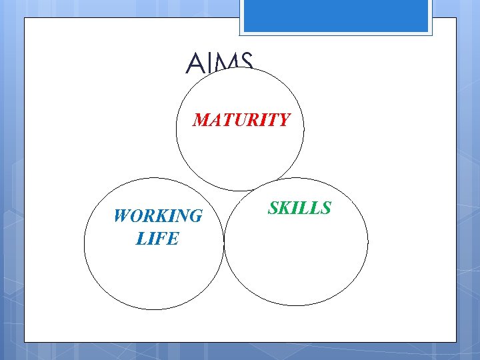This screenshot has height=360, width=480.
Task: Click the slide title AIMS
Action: (x=219, y=64)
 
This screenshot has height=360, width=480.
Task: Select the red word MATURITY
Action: (x=241, y=120)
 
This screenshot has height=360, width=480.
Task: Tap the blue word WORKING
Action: (x=158, y=216)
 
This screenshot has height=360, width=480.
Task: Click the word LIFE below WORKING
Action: (x=157, y=238)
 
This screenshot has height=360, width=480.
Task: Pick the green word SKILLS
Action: (x=299, y=208)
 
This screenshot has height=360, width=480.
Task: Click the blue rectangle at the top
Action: (x=336, y=15)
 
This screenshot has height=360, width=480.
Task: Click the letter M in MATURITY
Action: (x=202, y=120)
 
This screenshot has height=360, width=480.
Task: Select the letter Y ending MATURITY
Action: (x=283, y=120)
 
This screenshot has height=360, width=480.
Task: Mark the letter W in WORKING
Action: (x=123, y=216)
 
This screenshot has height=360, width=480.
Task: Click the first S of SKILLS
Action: (x=273, y=208)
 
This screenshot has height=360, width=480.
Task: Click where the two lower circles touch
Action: (x=224, y=243)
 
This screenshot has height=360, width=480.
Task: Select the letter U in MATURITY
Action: (x=243, y=120)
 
